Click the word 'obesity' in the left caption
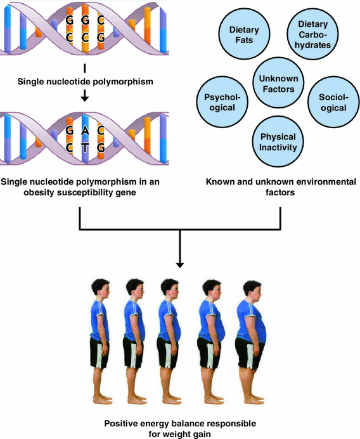point(17,193)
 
